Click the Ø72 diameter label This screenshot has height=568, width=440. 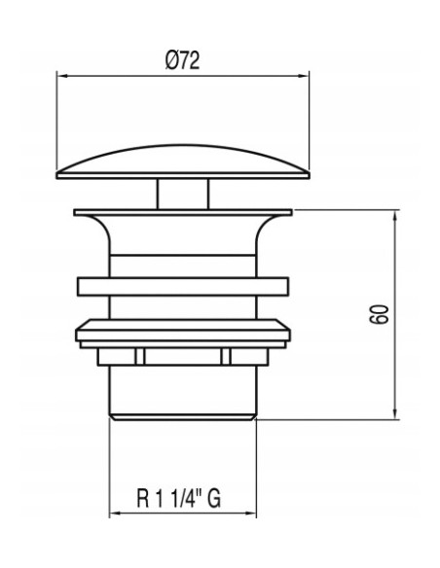pos(182,60)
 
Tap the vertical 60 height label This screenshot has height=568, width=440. pos(380,314)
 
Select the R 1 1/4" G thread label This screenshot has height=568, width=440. pos(179,498)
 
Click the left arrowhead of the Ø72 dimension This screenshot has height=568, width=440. pos(62,76)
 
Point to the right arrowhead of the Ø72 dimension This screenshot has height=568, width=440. pos(304,76)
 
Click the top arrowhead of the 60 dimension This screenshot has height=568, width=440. pos(395,215)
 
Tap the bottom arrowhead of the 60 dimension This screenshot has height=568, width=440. pos(395,414)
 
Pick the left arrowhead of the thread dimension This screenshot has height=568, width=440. pos(115,514)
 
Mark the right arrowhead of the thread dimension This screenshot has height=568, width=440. pos(251,514)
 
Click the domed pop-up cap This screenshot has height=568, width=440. pos(183,161)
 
